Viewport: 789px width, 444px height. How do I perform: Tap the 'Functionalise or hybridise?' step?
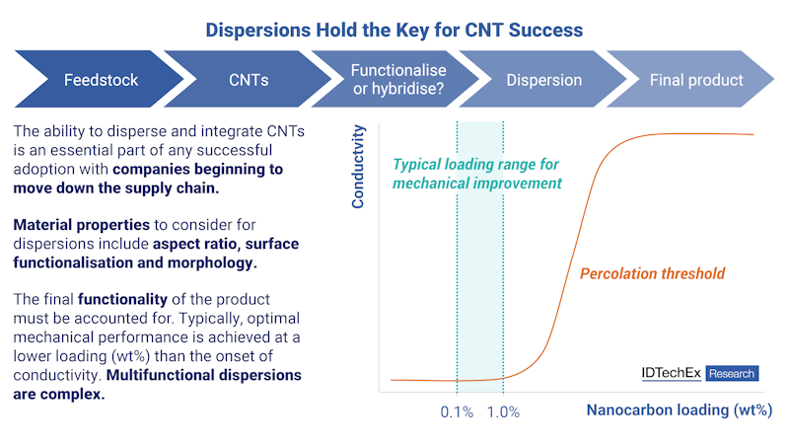[x=398, y=80]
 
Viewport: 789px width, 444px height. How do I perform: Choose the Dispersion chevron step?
[x=544, y=80]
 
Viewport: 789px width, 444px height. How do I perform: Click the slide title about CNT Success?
[x=394, y=30]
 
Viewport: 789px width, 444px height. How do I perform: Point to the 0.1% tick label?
[x=457, y=411]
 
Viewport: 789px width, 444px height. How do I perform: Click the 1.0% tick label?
[x=503, y=411]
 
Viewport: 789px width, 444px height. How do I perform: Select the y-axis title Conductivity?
[x=359, y=165]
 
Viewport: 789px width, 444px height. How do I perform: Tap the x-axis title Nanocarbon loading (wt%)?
[x=680, y=409]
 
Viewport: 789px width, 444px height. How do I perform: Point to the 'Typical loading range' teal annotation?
[x=477, y=174]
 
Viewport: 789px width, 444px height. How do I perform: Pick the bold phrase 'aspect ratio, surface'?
[x=225, y=243]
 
